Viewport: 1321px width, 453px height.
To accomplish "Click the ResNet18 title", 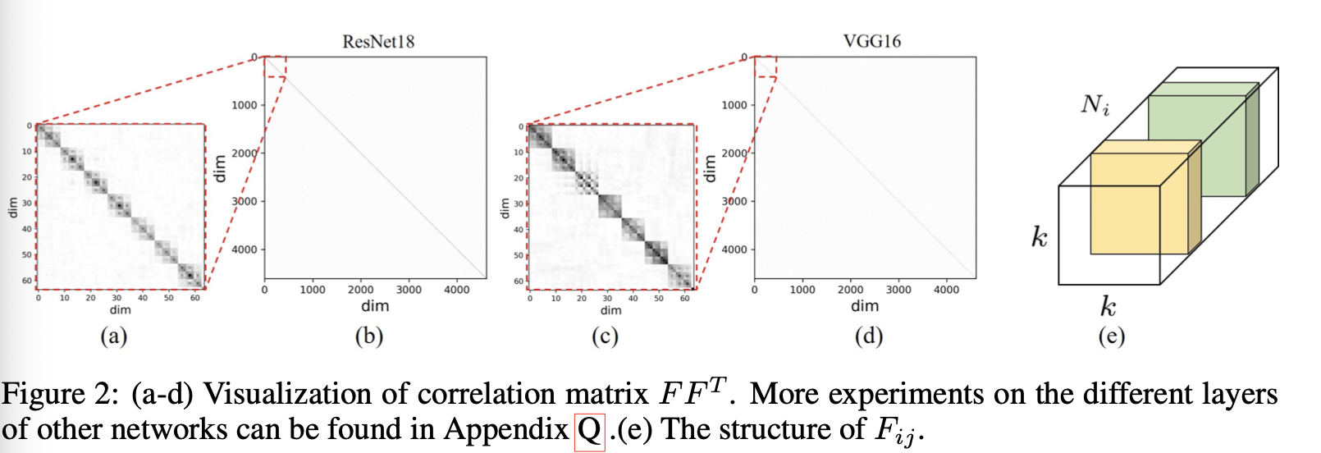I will (377, 42).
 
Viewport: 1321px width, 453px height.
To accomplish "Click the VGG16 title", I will (871, 41).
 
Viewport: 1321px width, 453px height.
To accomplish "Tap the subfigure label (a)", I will (113, 336).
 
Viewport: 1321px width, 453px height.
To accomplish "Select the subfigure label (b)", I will (369, 336).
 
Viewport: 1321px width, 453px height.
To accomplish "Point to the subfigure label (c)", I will (605, 336).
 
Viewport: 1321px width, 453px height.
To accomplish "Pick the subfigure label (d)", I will (869, 336).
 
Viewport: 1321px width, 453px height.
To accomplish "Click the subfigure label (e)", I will (1111, 336).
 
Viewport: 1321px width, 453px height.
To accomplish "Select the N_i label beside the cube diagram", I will (1095, 105).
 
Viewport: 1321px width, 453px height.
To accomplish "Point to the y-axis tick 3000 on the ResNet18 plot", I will (244, 201).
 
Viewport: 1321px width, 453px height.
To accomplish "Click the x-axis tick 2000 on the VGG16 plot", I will (850, 290).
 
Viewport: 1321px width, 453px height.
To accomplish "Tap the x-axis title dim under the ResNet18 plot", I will (375, 306).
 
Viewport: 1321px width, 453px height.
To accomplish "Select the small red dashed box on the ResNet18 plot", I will (275, 66).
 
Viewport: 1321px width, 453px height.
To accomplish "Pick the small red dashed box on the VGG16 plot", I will (765, 66).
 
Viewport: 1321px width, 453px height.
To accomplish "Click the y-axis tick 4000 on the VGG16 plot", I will (734, 249).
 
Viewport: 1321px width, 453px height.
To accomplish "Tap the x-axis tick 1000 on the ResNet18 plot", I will (312, 290).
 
